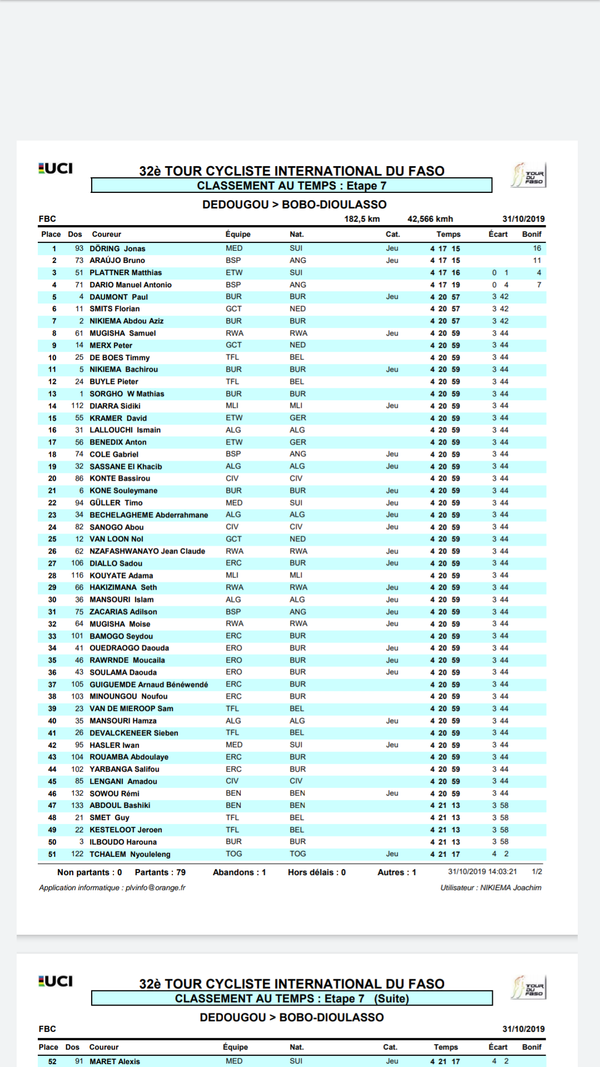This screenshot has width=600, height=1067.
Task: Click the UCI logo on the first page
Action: coord(56,168)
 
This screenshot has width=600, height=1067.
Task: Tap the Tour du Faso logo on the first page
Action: coord(529,175)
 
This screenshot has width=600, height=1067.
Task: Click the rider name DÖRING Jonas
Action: coord(117,248)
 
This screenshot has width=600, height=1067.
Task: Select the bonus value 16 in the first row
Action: coord(537,248)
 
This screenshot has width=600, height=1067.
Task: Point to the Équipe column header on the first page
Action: coord(238,234)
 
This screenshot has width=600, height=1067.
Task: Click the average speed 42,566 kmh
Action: coord(430,219)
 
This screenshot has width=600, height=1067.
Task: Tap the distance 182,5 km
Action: coord(362,219)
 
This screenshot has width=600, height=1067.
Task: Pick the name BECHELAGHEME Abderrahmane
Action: coord(149,515)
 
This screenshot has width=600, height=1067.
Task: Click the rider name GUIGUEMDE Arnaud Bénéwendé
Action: coord(149,685)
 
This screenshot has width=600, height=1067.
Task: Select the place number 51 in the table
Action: coord(52,854)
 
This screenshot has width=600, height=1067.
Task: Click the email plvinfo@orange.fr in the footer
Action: coord(156,887)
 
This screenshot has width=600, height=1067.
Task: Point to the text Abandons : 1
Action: coord(239,872)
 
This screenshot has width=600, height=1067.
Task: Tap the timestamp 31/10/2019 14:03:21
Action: coord(482,872)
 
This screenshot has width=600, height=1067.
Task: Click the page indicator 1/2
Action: coord(537,872)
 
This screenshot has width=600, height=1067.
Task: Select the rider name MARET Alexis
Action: coord(114,1061)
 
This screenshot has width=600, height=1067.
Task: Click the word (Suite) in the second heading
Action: coord(391,999)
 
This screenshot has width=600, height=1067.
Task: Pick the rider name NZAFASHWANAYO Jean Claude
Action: coord(147,551)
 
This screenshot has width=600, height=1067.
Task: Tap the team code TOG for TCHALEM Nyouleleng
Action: coord(233,854)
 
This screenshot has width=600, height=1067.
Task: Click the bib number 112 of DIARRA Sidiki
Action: coord(77,406)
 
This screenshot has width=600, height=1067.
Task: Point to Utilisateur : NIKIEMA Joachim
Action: coord(491,887)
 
